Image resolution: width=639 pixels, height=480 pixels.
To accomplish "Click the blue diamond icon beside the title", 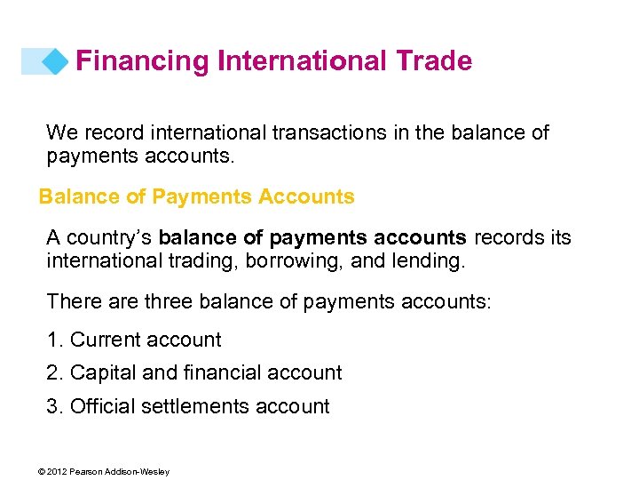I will click(x=55, y=61).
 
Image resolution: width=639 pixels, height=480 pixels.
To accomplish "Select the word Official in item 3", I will click(x=100, y=407).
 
